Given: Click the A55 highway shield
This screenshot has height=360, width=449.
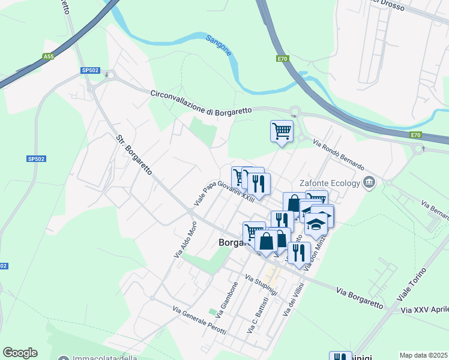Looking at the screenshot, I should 48,56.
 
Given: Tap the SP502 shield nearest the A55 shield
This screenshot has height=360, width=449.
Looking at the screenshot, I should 90,70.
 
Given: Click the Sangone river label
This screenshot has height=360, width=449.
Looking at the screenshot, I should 218,46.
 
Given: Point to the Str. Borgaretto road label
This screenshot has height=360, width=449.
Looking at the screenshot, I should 134,155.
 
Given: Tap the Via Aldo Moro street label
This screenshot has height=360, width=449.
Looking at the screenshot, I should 185,240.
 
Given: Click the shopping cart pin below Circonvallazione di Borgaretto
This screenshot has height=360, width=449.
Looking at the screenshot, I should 282,130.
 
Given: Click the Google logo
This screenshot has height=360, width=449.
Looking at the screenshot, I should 20,353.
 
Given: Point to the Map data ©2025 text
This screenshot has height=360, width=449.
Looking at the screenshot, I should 423,355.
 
